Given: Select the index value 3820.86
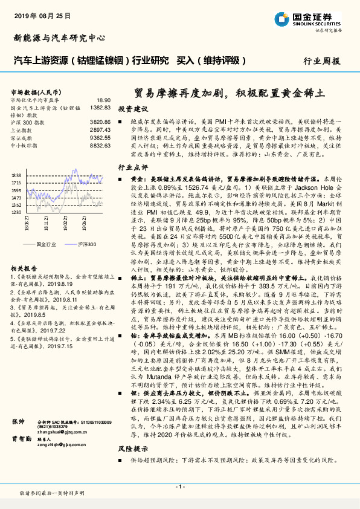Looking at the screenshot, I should pyautogui.click(x=100, y=122).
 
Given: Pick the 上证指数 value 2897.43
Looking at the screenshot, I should pyautogui.click(x=100, y=129).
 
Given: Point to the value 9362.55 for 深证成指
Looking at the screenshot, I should pyautogui.click(x=100, y=137).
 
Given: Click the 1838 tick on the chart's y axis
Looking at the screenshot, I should pyautogui.click(x=16, y=175).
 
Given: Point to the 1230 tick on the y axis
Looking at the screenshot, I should pyautogui.click(x=16, y=213).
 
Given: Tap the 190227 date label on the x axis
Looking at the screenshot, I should pyautogui.click(x=65, y=224).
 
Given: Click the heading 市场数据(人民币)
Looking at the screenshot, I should pyautogui.click(x=30, y=91).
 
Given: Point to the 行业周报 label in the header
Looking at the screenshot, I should pyautogui.click(x=321, y=61).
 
